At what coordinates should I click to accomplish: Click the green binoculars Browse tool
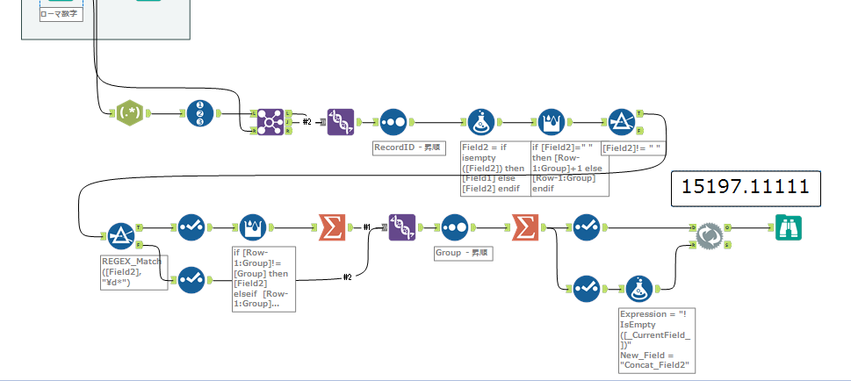click(787, 227)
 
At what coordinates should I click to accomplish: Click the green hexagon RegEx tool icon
click(129, 114)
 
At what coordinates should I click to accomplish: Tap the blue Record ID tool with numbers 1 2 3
click(200, 114)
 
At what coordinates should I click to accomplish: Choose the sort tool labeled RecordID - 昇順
click(393, 122)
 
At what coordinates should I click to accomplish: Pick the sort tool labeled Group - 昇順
click(454, 227)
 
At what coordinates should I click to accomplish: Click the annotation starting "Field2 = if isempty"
click(493, 168)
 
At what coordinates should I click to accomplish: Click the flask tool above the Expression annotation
click(639, 287)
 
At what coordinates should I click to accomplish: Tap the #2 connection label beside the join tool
click(307, 122)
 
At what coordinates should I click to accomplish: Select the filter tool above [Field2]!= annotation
click(623, 122)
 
